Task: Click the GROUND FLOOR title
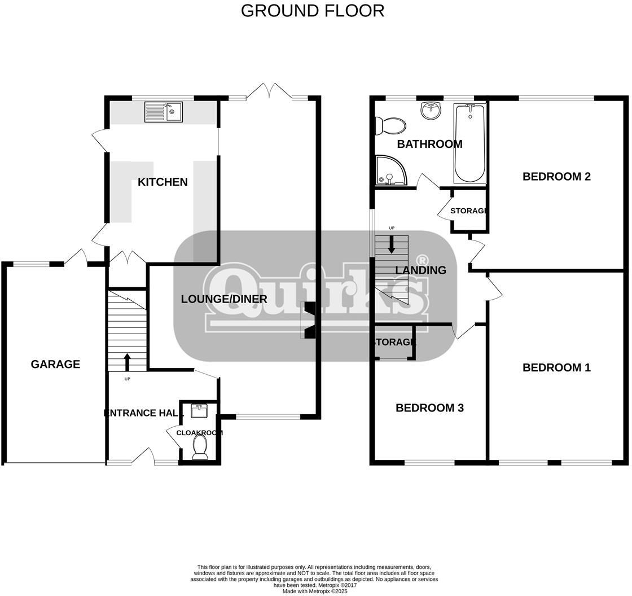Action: pos(313,11)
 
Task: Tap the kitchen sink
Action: pos(163,112)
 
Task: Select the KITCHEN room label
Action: pos(163,182)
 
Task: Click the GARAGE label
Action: pos(55,364)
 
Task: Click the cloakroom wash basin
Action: pos(199,411)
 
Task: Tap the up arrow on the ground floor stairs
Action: pos(127,361)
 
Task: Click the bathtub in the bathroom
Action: pos(469,143)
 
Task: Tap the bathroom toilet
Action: pos(391,125)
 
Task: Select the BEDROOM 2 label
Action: pos(556,176)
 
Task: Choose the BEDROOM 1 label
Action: pos(556,367)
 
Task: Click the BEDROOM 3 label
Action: pos(429,407)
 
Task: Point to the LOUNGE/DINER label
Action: pos(224,299)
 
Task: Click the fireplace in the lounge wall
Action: pos(310,321)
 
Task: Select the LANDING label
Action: pos(420,270)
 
